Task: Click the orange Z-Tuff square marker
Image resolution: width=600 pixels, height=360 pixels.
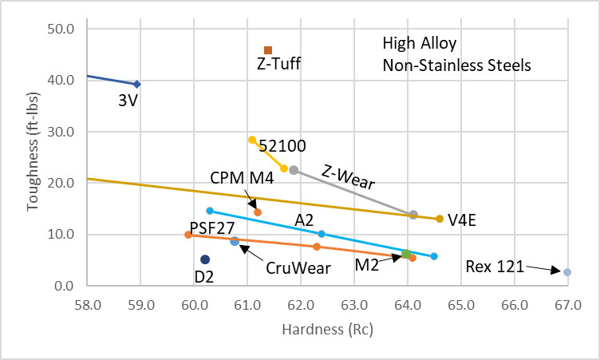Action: (x=268, y=50)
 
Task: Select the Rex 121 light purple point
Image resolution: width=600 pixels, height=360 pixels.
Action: (x=567, y=272)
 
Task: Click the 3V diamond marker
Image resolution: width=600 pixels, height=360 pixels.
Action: (x=137, y=84)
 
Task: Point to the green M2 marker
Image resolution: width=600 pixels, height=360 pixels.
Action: (x=406, y=254)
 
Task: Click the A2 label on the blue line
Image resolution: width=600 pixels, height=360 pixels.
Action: (x=303, y=220)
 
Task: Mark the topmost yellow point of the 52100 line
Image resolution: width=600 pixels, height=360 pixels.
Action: (x=252, y=140)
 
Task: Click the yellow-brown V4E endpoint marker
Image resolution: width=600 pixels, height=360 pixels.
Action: (x=440, y=219)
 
